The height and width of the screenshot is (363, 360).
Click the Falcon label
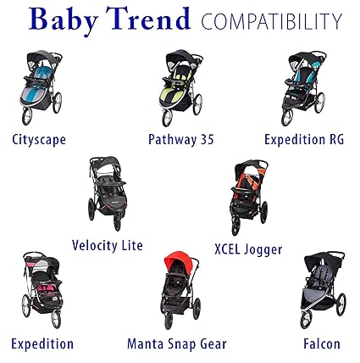320,343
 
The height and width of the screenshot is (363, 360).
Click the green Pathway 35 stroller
177,87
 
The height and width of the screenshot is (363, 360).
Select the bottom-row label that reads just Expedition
42,343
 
